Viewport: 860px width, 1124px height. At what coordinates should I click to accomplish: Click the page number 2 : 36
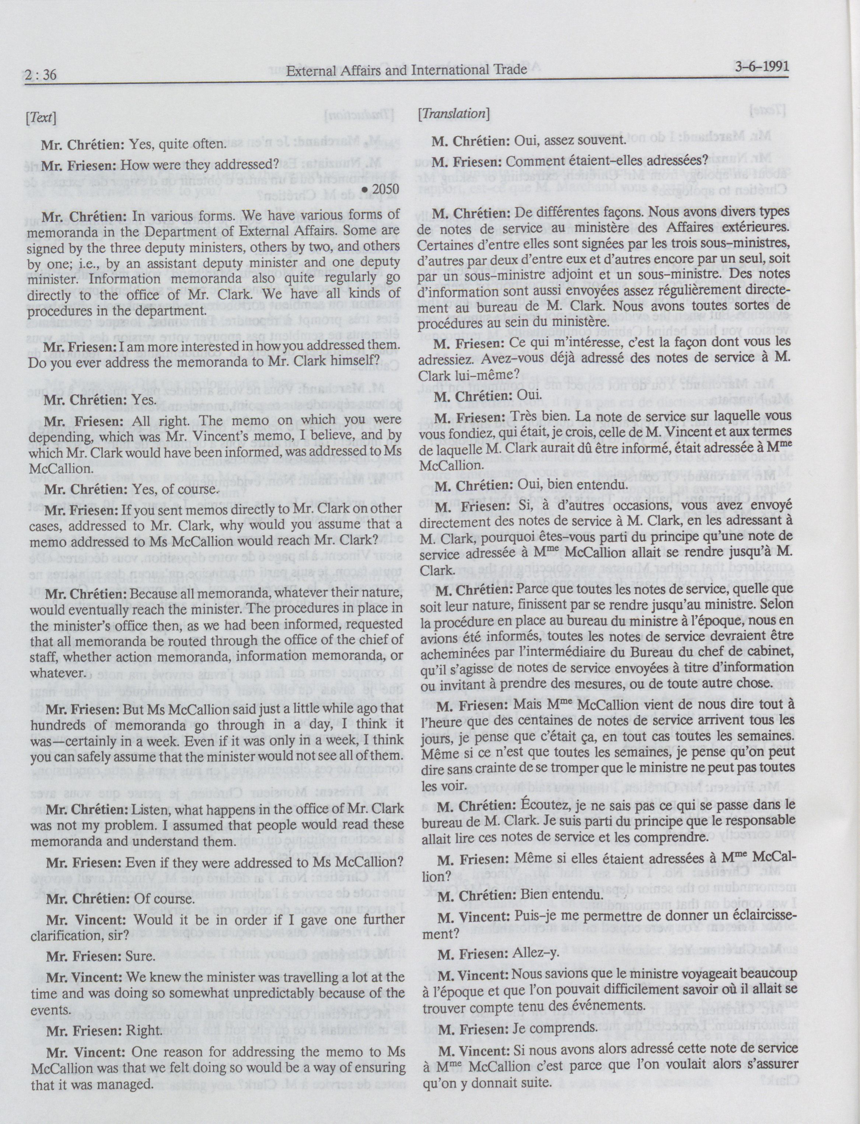[x=41, y=75]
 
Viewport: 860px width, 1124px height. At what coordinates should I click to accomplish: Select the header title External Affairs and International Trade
[x=406, y=70]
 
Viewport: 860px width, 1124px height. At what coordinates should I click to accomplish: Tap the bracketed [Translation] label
[x=454, y=113]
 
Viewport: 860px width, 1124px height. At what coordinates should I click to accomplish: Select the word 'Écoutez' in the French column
[x=534, y=805]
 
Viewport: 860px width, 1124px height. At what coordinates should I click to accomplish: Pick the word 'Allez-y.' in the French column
[x=534, y=953]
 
